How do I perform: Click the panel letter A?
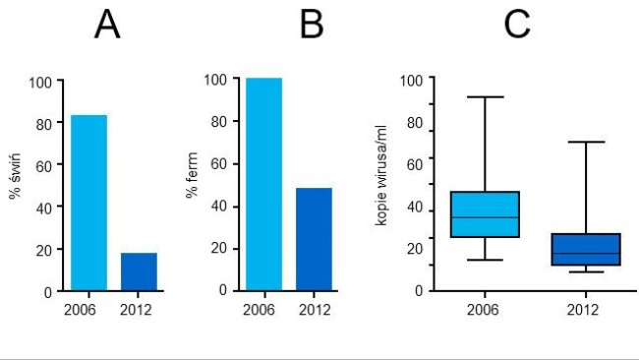click(107, 27)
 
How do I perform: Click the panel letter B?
click(311, 27)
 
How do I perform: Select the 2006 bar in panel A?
click(88, 203)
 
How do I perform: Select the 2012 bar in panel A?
click(139, 271)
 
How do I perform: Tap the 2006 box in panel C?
click(485, 214)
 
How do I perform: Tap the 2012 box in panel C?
click(585, 249)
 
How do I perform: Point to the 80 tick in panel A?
click(41, 124)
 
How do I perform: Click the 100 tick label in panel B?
click(214, 80)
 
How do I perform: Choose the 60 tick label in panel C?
click(416, 163)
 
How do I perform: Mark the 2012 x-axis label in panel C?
click(585, 310)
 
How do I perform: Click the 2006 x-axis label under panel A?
click(81, 311)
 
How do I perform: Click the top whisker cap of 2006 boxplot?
click(485, 97)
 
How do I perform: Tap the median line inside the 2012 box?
click(585, 253)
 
